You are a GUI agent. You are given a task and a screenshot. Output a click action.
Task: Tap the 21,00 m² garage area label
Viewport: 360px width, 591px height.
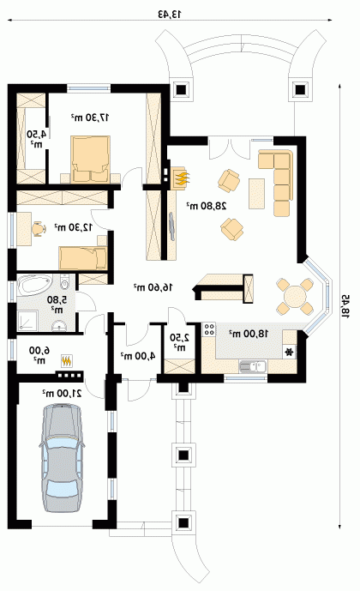[x=62, y=393]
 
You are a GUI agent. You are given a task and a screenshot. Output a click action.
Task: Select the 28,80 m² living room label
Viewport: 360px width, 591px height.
[x=207, y=206]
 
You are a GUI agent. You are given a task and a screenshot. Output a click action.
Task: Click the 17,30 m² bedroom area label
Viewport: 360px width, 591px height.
[x=90, y=118]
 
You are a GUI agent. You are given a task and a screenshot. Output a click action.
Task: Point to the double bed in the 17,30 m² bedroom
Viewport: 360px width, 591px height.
[x=90, y=160]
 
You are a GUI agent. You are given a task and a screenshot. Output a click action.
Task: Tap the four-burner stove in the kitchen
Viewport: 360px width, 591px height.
[x=209, y=329]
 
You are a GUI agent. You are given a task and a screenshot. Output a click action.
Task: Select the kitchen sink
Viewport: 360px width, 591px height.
[x=253, y=366]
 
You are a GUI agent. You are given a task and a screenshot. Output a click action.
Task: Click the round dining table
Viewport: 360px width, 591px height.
[x=295, y=297]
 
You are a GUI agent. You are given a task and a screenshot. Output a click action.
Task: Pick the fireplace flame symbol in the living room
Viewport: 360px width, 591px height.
[x=182, y=178]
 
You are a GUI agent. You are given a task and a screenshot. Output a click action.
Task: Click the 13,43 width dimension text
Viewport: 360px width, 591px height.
[x=170, y=15]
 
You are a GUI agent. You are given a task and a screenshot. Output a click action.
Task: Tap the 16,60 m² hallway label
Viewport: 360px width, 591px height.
[x=153, y=287]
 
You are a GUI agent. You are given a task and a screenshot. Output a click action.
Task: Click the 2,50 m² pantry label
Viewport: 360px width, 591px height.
[x=177, y=341]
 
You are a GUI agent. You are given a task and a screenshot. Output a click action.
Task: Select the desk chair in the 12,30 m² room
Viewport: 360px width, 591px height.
[x=37, y=228]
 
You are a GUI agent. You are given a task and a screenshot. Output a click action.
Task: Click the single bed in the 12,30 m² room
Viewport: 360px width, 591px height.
[x=83, y=258]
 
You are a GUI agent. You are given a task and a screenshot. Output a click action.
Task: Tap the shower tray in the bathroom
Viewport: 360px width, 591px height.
[x=27, y=321]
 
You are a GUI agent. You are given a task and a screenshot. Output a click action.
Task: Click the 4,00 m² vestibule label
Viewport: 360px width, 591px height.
[x=138, y=355]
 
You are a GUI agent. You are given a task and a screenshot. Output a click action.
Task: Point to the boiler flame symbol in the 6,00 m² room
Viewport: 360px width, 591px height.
[x=67, y=361]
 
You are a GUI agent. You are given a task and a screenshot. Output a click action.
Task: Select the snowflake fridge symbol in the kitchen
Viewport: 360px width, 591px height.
[x=289, y=353]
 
